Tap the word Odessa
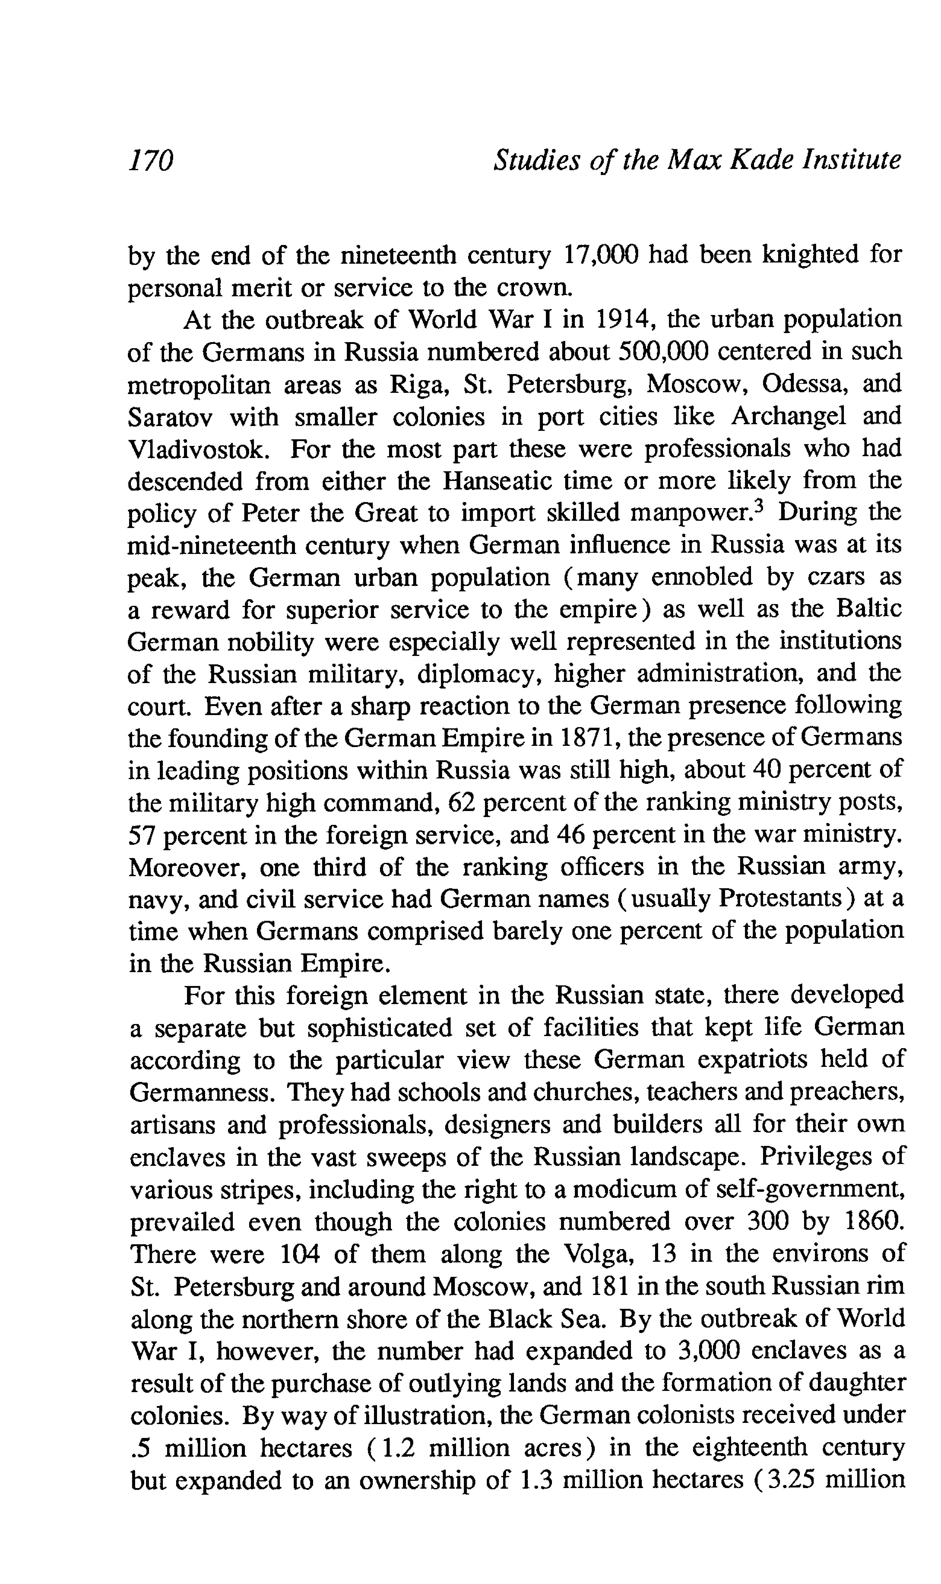click(801, 384)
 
